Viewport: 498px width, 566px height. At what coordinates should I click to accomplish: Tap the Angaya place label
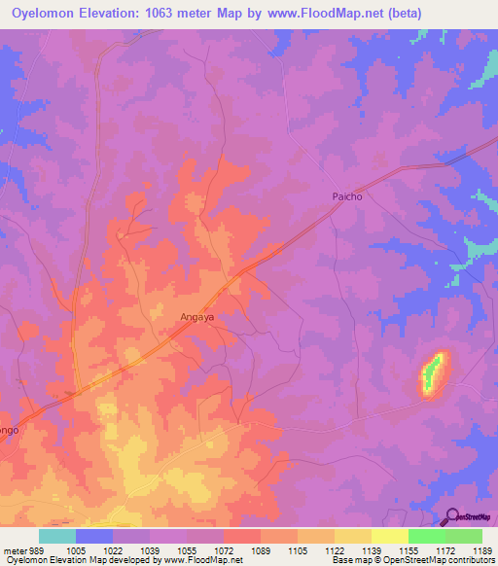point(197,316)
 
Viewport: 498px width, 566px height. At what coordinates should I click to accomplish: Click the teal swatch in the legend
point(57,536)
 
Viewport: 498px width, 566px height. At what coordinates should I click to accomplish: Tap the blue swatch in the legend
point(94,536)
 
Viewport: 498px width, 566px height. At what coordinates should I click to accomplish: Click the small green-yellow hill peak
point(433,372)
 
